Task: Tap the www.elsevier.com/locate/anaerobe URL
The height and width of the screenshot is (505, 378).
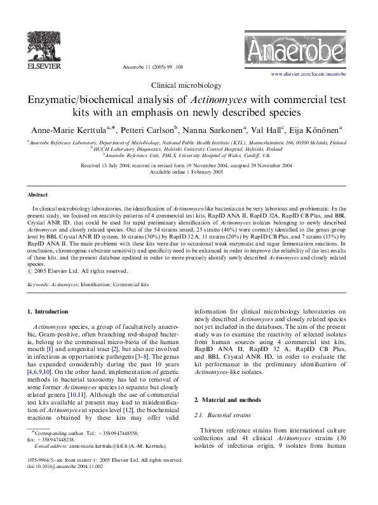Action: (308, 74)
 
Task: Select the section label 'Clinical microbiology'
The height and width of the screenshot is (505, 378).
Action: (189, 85)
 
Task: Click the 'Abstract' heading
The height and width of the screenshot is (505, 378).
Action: (38, 195)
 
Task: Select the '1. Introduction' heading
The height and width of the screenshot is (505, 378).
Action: (48, 312)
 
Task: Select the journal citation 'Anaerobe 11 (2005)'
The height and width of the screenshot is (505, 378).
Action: (145, 66)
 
